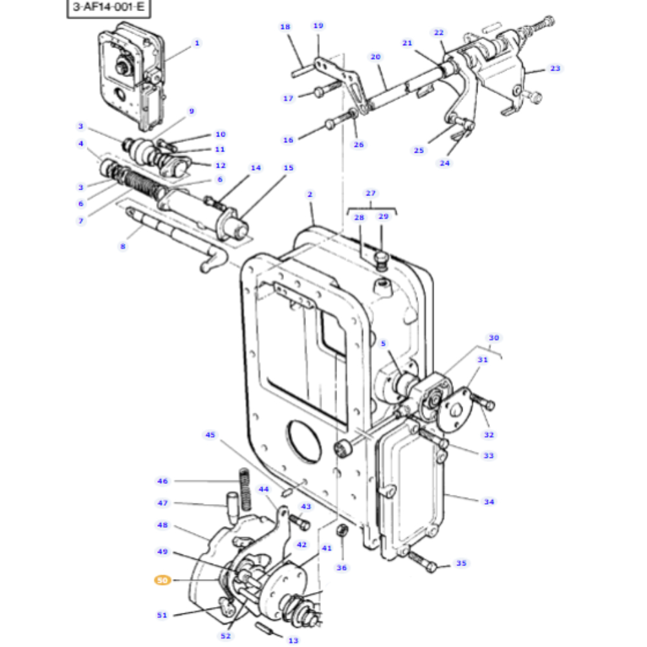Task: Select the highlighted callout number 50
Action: (162, 580)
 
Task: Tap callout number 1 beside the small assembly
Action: (197, 43)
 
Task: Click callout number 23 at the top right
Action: (555, 68)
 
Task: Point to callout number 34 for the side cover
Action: (488, 501)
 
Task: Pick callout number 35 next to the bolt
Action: (461, 564)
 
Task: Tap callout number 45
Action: (210, 435)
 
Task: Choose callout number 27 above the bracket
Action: (370, 193)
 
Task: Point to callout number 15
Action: (288, 168)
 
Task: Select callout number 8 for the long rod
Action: (122, 246)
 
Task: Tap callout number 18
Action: (285, 27)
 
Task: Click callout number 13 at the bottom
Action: (293, 640)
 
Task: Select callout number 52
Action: (225, 636)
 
